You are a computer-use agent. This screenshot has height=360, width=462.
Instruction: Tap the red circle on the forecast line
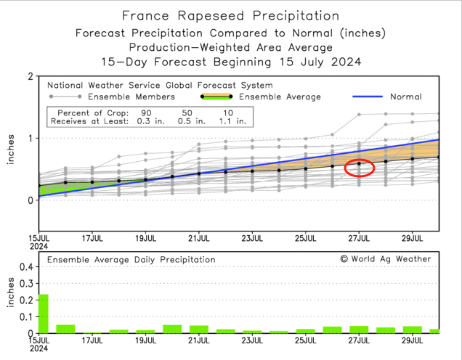tap(360, 168)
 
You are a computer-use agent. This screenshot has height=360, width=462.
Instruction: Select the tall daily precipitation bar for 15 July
tap(43, 313)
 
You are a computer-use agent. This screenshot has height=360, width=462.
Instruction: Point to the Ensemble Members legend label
tap(131, 97)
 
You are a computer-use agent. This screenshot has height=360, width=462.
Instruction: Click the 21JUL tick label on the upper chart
tap(198, 237)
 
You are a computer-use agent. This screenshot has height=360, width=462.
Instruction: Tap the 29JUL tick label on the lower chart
tap(412, 339)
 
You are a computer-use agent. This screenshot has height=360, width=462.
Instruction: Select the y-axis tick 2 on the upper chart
tap(29, 76)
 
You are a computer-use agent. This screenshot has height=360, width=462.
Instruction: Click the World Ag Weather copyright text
tap(386, 259)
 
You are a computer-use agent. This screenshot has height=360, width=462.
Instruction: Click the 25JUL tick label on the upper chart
tap(305, 237)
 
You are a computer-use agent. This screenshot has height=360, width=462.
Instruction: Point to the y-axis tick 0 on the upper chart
tap(29, 200)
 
